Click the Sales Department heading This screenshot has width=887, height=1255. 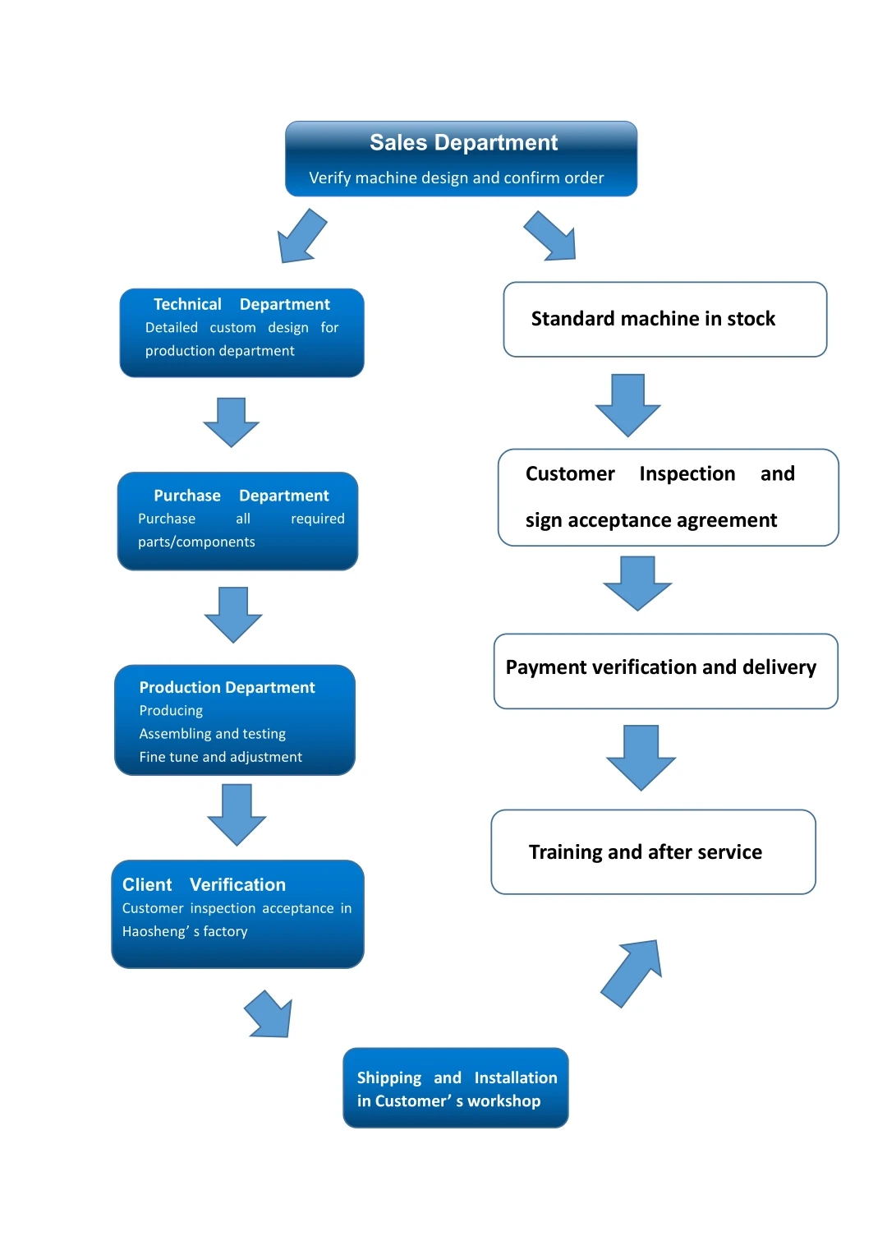(463, 143)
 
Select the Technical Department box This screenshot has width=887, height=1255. (241, 333)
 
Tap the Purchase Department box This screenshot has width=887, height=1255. (237, 521)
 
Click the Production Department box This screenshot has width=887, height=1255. (235, 720)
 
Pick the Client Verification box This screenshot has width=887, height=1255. (237, 914)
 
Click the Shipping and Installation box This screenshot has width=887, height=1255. (456, 1087)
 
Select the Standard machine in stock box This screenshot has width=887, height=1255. (664, 320)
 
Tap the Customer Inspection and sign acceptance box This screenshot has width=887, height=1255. (668, 497)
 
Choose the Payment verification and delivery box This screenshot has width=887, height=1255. (665, 671)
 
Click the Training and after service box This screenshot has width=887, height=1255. (653, 851)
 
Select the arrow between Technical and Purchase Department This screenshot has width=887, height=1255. (232, 422)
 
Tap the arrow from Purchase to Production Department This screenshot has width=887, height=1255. (233, 614)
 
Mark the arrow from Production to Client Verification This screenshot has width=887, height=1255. (237, 814)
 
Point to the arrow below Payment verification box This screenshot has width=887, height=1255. (641, 756)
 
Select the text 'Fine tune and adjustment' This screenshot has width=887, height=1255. (220, 757)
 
